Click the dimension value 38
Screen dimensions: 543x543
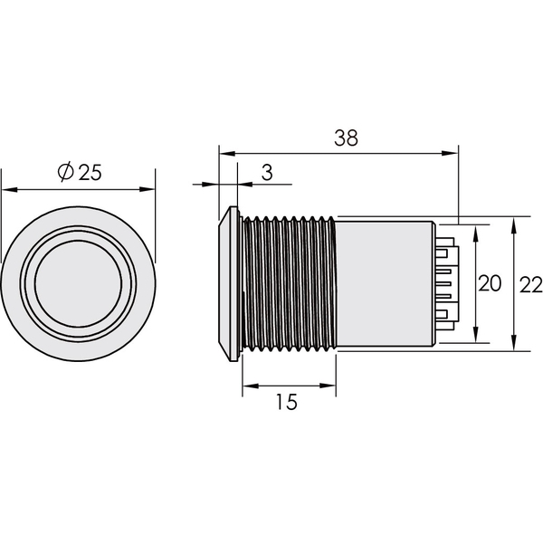(346, 138)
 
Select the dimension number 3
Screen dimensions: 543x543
(267, 173)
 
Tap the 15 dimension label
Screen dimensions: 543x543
(287, 402)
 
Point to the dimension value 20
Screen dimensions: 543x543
(490, 283)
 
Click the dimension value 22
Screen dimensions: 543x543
(531, 285)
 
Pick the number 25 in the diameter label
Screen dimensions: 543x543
(90, 172)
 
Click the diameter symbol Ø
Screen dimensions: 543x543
(66, 171)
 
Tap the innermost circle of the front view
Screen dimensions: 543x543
(78, 284)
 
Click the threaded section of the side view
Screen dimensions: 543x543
(289, 284)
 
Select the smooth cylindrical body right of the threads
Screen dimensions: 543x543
(386, 283)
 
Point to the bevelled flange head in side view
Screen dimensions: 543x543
(229, 284)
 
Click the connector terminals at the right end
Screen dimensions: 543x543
(447, 284)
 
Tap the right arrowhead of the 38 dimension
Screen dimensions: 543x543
(450, 154)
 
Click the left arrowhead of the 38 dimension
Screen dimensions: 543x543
(227, 154)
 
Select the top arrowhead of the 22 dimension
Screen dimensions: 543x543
(514, 224)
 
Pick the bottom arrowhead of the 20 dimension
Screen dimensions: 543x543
(476, 335)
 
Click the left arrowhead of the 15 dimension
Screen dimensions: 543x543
(251, 386)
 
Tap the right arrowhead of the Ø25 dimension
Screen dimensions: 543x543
(147, 189)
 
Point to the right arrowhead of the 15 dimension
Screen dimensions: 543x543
(328, 386)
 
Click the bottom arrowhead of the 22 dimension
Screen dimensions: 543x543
(514, 343)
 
